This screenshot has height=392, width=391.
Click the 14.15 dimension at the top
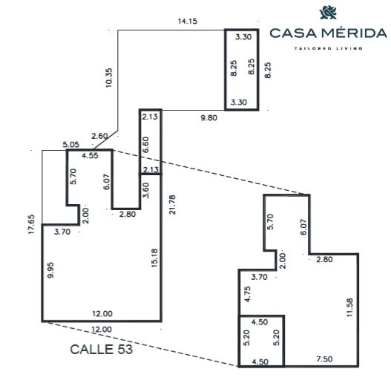[x=188, y=21]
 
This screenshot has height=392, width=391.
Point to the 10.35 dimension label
[x=109, y=78]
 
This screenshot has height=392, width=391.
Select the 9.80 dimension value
[x=209, y=117]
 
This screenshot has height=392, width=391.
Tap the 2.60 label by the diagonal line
[x=99, y=137]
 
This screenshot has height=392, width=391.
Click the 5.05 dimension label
[x=70, y=145]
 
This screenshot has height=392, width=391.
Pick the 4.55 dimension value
[x=91, y=155]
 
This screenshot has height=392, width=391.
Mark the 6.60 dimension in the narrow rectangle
[x=145, y=145]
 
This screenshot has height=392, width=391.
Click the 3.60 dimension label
[x=145, y=190]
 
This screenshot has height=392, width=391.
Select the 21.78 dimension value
[x=172, y=204]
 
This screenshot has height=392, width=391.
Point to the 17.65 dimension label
[x=31, y=224]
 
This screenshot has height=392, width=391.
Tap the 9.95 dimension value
[x=50, y=270]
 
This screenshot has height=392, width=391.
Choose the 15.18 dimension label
[x=154, y=258]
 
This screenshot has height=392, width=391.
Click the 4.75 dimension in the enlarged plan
[x=247, y=294]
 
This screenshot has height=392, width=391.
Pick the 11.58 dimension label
[x=349, y=307]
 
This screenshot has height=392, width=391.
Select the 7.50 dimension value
[x=324, y=359]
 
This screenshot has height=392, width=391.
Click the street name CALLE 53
[x=101, y=349]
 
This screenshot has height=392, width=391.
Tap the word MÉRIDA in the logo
[x=353, y=33]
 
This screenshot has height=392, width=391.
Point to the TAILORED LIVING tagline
[x=328, y=48]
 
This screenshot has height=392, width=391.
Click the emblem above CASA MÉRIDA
[x=328, y=13]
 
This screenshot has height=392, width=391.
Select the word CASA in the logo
[x=293, y=33]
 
